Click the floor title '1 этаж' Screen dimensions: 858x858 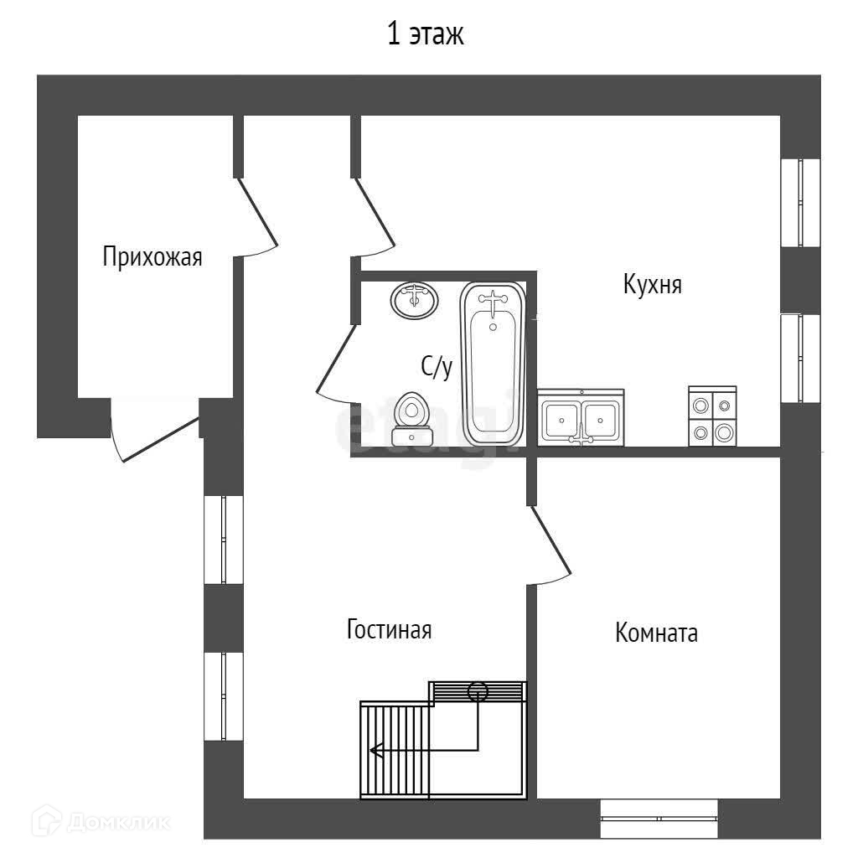click(x=425, y=35)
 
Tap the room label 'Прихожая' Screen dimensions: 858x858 click(x=152, y=256)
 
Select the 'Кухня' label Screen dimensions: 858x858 click(x=652, y=285)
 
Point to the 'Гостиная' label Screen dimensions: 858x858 click(x=389, y=629)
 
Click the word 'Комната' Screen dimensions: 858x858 click(x=656, y=633)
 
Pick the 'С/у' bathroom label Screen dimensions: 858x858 click(x=436, y=366)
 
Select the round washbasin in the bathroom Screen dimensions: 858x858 click(x=414, y=300)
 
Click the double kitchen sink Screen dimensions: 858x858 click(x=581, y=417)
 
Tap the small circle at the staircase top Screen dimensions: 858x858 click(x=478, y=692)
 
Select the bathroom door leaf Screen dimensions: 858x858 click(x=337, y=360)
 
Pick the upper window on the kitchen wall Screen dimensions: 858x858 click(x=799, y=202)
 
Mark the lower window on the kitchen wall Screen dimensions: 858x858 click(x=799, y=358)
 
